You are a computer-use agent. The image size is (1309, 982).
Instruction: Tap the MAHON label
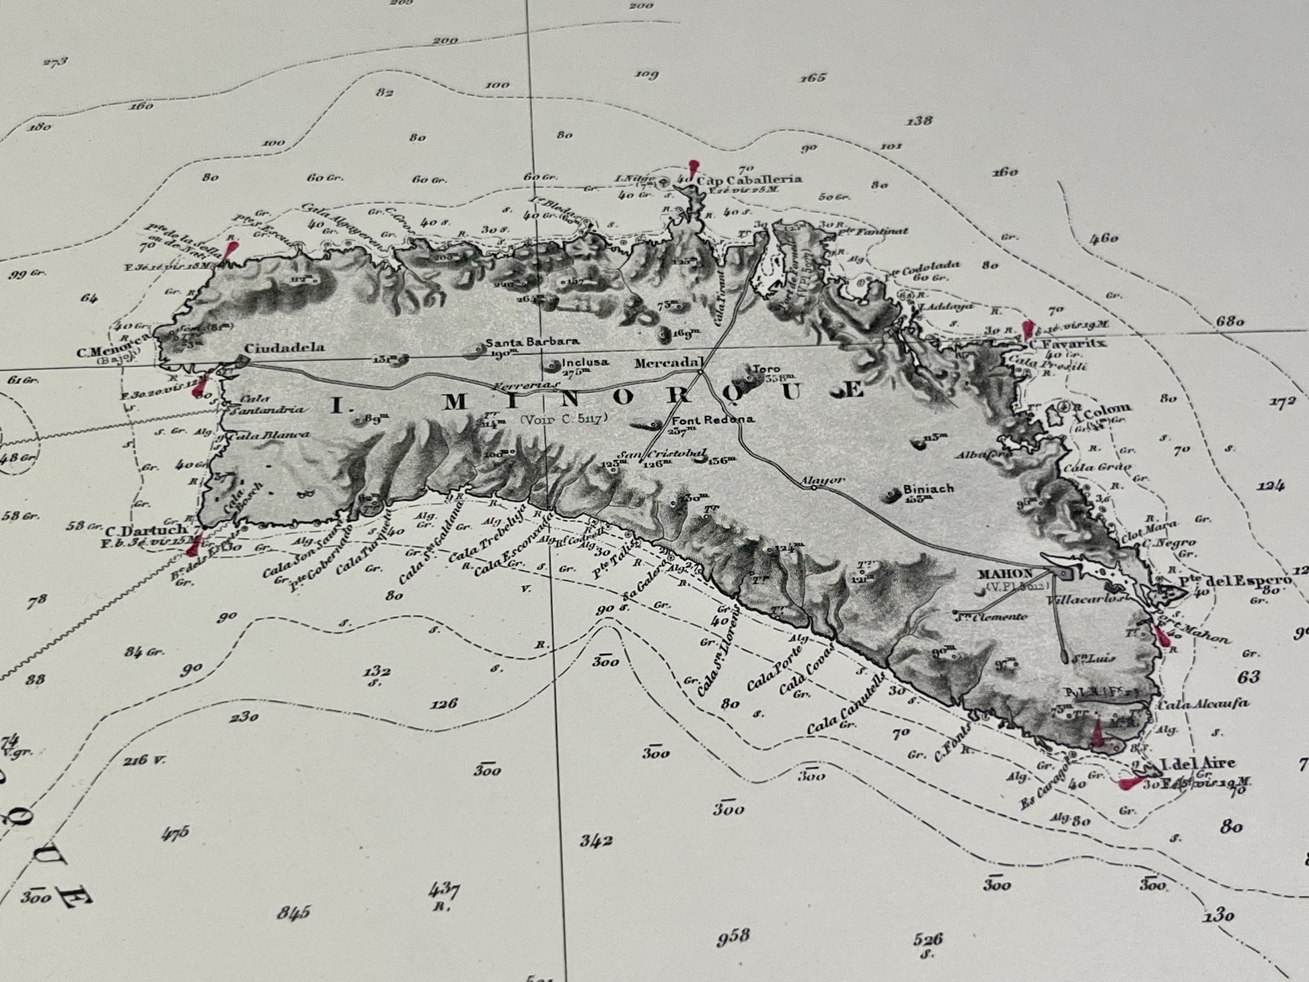1004,574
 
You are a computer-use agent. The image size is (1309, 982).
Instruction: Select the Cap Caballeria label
749,180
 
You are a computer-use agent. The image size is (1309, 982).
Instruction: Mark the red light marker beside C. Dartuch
193,545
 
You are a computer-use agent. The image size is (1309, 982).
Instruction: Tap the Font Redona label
712,420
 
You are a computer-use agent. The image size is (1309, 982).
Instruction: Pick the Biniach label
929,489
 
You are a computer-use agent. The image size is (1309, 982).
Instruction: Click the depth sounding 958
732,936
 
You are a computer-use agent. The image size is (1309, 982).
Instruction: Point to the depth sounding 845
293,912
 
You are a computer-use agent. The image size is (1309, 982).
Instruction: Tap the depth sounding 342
596,840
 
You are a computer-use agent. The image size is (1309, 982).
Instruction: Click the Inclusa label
585,362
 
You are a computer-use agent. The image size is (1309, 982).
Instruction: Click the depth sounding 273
55,63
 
